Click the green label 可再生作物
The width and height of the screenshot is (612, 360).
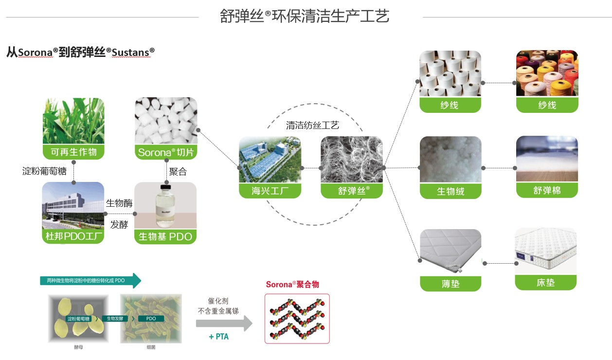[73, 152]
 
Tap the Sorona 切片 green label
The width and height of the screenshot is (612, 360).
[166, 152]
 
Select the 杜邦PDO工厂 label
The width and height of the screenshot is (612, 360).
[73, 236]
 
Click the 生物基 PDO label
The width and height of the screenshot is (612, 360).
[165, 237]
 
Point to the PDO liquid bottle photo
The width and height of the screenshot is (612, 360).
[165, 204]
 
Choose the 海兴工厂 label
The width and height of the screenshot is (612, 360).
[270, 191]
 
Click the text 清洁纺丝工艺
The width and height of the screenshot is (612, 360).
[312, 125]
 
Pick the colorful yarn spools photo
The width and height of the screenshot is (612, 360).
[547, 73]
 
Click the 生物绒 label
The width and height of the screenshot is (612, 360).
[450, 191]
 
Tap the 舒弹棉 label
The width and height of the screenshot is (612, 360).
[547, 190]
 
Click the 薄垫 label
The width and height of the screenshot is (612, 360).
[450, 284]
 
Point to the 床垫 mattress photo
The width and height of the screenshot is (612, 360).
[546, 251]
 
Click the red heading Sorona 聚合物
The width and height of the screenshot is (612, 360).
[292, 285]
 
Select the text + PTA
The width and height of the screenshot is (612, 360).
[218, 337]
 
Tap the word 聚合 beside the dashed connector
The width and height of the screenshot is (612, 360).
[178, 172]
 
